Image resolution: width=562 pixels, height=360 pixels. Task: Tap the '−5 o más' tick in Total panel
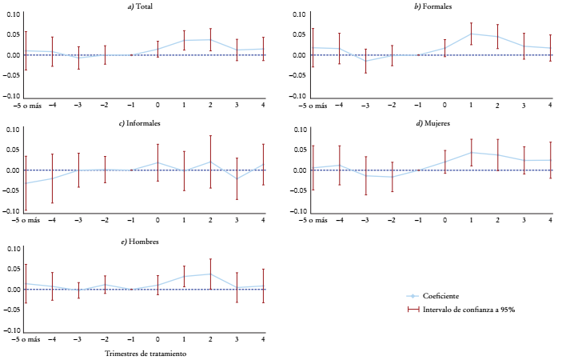pos(23,105)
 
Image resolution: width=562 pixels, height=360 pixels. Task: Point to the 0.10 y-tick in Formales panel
pos(297,14)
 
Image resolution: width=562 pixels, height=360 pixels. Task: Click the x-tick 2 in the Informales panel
pos(210,220)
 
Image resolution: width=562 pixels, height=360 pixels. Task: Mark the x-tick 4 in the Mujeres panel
pos(550,220)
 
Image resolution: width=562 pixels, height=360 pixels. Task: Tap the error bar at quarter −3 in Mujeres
pos(365,175)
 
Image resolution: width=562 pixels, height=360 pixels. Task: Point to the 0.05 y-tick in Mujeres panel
pos(297,150)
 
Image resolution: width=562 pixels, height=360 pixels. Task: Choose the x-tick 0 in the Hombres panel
pos(157,339)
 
